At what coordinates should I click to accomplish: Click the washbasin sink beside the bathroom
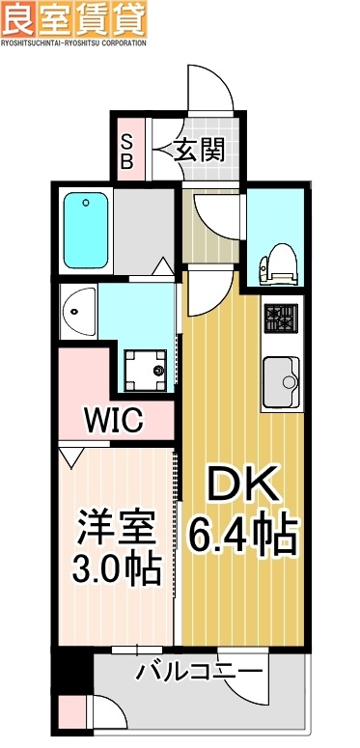[x=77, y=310]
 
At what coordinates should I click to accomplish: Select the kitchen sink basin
[x=282, y=380]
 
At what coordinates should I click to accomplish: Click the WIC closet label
[x=113, y=422]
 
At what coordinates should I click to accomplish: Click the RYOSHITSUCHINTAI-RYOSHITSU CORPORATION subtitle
[x=73, y=42]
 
